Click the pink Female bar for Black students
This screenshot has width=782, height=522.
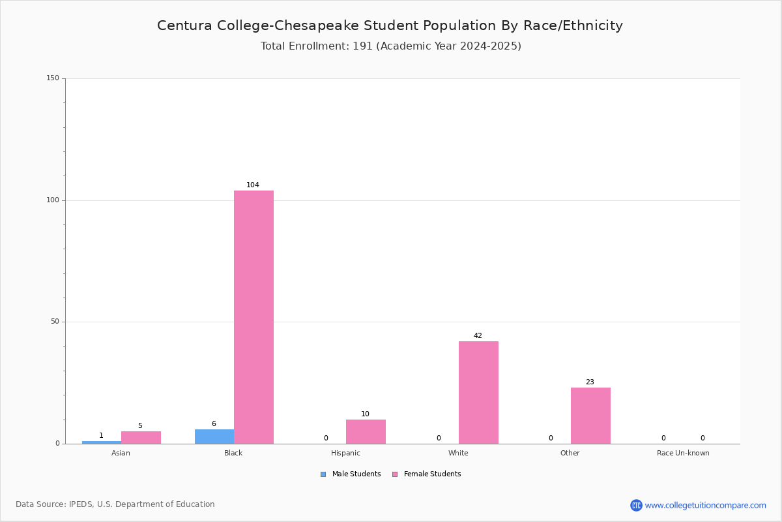coord(253,317)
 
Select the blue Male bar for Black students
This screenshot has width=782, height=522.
coord(214,437)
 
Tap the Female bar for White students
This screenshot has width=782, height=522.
coord(478,393)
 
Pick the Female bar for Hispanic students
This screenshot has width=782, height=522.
coord(366,432)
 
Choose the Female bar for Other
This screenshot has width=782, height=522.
coord(590,416)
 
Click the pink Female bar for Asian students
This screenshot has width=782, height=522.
coord(141,438)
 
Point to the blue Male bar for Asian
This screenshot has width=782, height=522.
coord(102,442)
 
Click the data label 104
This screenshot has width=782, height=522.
coord(253,185)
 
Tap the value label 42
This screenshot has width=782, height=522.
coord(478,335)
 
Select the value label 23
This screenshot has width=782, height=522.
coord(590,382)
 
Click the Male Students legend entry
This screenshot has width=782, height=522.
coord(351,474)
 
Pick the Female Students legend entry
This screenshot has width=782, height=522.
coord(427,474)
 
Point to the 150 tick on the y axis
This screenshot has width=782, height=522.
coord(53,78)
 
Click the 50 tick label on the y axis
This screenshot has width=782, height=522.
coord(55,322)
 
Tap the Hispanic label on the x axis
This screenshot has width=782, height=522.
coord(345,453)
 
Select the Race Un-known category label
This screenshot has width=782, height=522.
coord(683,453)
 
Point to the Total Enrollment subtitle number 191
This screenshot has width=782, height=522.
coord(363,46)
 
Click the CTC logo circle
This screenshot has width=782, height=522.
coord(636,505)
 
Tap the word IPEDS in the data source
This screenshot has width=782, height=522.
coord(81,504)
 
